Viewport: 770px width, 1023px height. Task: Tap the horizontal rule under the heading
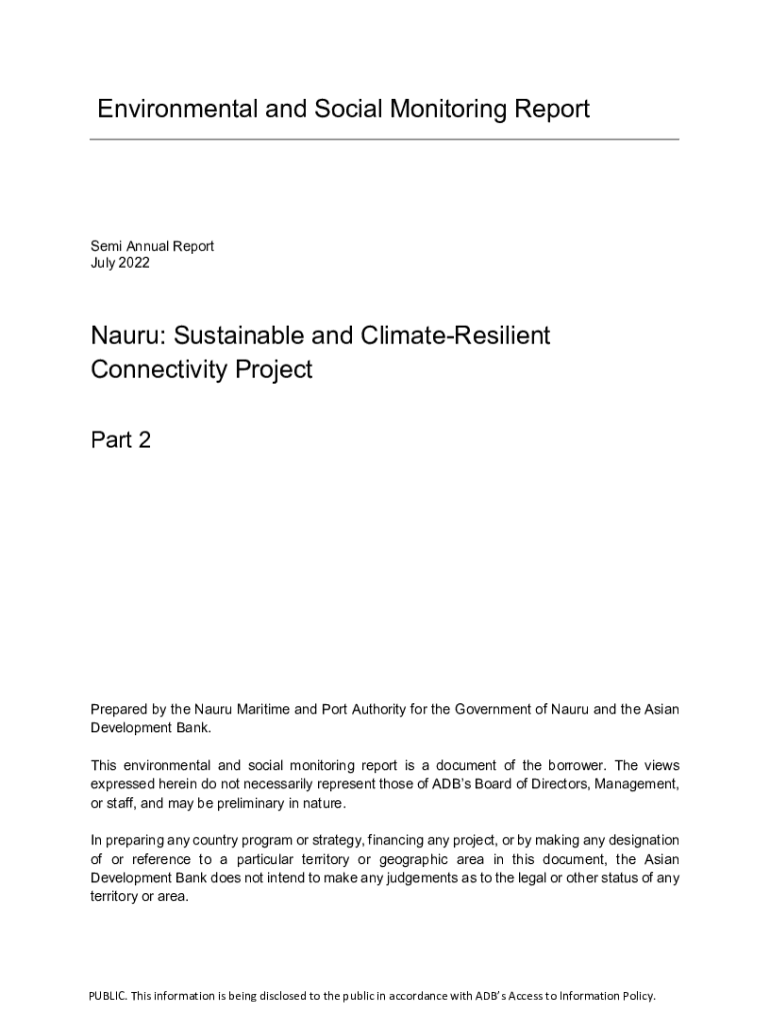point(384,139)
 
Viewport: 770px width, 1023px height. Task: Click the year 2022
point(134,263)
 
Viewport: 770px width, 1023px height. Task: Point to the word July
point(103,263)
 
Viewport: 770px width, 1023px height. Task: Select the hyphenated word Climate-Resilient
point(448,336)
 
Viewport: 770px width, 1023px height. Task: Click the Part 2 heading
point(120,440)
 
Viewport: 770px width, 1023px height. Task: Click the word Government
point(497,709)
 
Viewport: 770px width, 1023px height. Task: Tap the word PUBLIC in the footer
point(107,996)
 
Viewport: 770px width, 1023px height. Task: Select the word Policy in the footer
point(636,996)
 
